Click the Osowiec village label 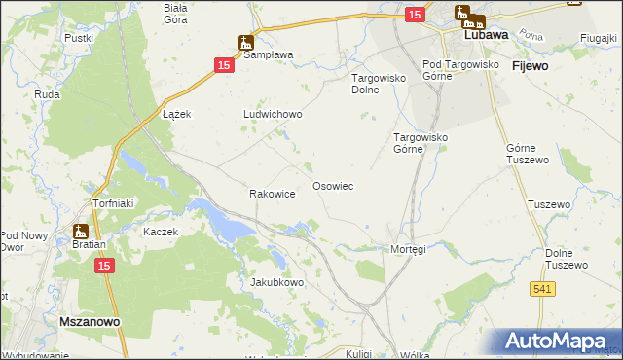[332, 185]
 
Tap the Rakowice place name [273, 194]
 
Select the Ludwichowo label [273, 114]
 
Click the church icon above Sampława [246, 43]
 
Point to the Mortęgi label [408, 249]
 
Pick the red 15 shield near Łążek [224, 64]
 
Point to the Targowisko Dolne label [377, 83]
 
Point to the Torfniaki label [111, 204]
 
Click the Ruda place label [48, 94]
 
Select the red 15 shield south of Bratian [106, 265]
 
